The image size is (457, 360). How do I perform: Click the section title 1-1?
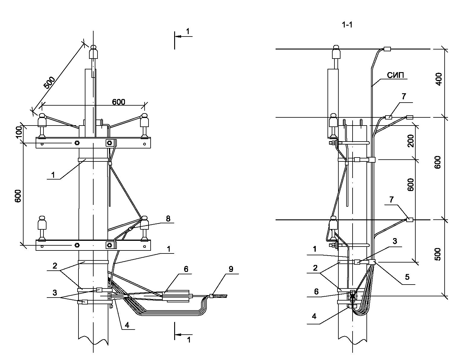(x=347, y=25)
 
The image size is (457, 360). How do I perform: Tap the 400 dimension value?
(x=439, y=79)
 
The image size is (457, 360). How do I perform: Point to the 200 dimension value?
(x=411, y=141)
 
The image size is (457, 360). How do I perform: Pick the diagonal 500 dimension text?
(x=50, y=82)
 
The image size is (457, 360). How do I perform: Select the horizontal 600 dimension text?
(x=119, y=102)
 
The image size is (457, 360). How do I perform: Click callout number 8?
(x=168, y=218)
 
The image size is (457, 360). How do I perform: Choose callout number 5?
(x=407, y=277)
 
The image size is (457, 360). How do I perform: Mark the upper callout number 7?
(x=404, y=97)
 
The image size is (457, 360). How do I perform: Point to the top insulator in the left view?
(x=93, y=53)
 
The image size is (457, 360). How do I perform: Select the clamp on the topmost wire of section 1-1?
(x=387, y=49)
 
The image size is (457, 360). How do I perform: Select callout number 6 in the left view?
(x=186, y=269)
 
